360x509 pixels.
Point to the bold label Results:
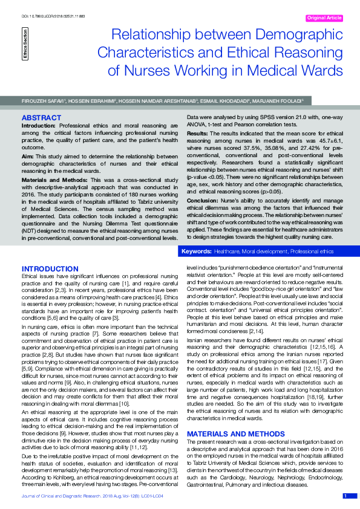(x=198, y=132)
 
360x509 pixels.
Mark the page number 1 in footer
(x=345, y=496)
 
